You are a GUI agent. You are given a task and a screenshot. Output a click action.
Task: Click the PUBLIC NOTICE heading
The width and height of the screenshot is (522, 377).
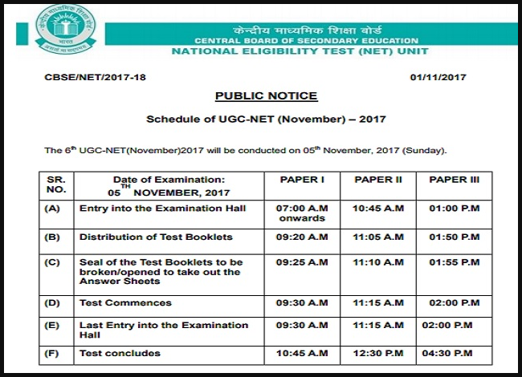coord(266,96)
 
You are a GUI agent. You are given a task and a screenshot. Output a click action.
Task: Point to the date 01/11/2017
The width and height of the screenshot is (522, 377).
coord(438,77)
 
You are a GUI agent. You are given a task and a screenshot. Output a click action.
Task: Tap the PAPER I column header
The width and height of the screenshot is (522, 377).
coord(301,180)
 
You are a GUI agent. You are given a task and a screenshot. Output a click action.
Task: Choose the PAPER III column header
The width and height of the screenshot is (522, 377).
coord(455,180)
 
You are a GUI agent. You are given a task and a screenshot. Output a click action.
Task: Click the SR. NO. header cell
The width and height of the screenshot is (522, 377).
coord(55,185)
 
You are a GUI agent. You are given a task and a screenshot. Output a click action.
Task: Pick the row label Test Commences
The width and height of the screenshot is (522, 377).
coord(125,303)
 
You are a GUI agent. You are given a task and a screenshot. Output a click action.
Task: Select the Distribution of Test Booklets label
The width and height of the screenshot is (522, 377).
coord(156,237)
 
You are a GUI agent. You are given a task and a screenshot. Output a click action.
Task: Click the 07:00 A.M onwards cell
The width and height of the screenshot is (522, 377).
coord(301,213)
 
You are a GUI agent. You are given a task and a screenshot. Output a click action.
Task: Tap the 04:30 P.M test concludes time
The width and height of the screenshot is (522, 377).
coord(455,354)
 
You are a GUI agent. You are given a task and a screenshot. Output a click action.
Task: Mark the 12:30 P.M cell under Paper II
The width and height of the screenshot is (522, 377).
coord(378,354)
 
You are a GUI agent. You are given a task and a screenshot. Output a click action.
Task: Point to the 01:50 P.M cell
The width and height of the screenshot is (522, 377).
coord(455,237)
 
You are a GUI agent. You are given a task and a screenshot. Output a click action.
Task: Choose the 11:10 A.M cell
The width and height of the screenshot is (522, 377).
coord(378,262)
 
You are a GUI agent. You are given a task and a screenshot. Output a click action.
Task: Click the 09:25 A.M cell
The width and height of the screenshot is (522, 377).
coord(301,262)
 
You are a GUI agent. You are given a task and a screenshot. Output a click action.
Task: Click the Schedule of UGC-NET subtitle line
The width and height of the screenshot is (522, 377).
coord(266,120)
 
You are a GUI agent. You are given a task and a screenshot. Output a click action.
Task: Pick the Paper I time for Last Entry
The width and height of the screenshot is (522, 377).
coord(301,326)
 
